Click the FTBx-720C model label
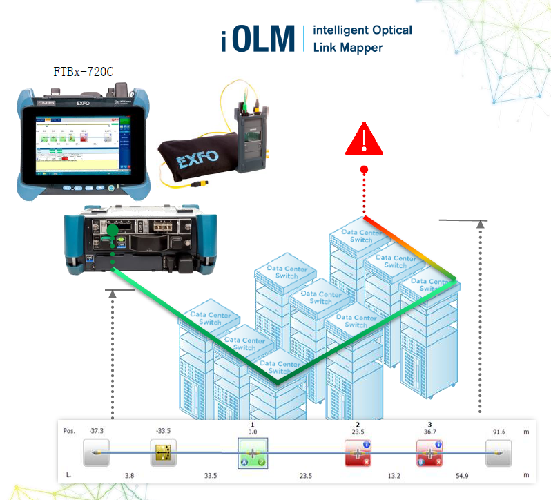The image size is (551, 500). point(84,71)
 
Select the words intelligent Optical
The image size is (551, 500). point(362,30)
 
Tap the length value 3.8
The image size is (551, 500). point(128,475)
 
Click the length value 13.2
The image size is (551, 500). point(394,475)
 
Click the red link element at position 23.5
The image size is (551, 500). point(358,453)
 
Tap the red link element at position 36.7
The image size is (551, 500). point(429,453)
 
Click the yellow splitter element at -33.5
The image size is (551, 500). point(164,453)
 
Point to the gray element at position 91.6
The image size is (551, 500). point(498,453)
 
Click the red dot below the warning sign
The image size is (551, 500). point(364,170)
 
